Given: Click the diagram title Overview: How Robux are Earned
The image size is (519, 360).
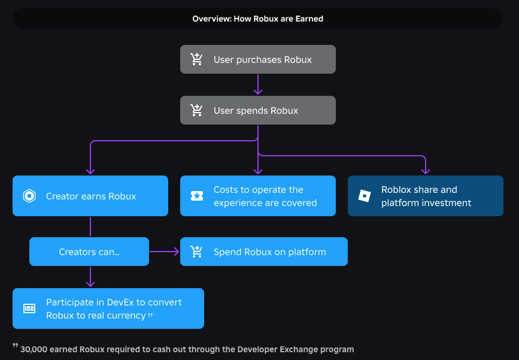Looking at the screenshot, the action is (257, 19).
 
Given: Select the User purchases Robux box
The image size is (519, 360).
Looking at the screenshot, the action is (258, 59).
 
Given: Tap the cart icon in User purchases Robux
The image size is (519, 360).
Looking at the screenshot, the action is (196, 59).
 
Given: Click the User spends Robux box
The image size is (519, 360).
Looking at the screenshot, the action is (258, 110).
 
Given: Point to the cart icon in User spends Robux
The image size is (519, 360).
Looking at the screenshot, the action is (196, 110).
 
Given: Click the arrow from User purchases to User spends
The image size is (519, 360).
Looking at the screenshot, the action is (258, 84).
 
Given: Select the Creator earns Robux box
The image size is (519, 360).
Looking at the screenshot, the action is (90, 196).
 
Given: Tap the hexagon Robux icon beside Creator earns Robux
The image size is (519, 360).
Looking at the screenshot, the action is (29, 196).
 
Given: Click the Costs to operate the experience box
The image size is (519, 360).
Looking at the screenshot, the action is (258, 196).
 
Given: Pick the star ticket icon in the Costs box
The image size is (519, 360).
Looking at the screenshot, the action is (197, 196).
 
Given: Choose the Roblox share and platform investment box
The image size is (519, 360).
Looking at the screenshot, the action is (426, 196).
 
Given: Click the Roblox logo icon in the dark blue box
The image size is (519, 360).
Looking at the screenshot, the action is (365, 196).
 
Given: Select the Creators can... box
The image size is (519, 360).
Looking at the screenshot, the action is (89, 252).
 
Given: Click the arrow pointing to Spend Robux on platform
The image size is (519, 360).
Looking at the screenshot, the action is (164, 252).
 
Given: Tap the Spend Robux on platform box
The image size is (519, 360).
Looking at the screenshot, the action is (264, 252).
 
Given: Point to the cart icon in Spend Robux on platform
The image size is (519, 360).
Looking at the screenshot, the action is (196, 252).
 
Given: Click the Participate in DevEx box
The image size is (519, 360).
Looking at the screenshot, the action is (108, 308).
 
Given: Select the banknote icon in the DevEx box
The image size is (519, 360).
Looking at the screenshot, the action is (29, 308).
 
